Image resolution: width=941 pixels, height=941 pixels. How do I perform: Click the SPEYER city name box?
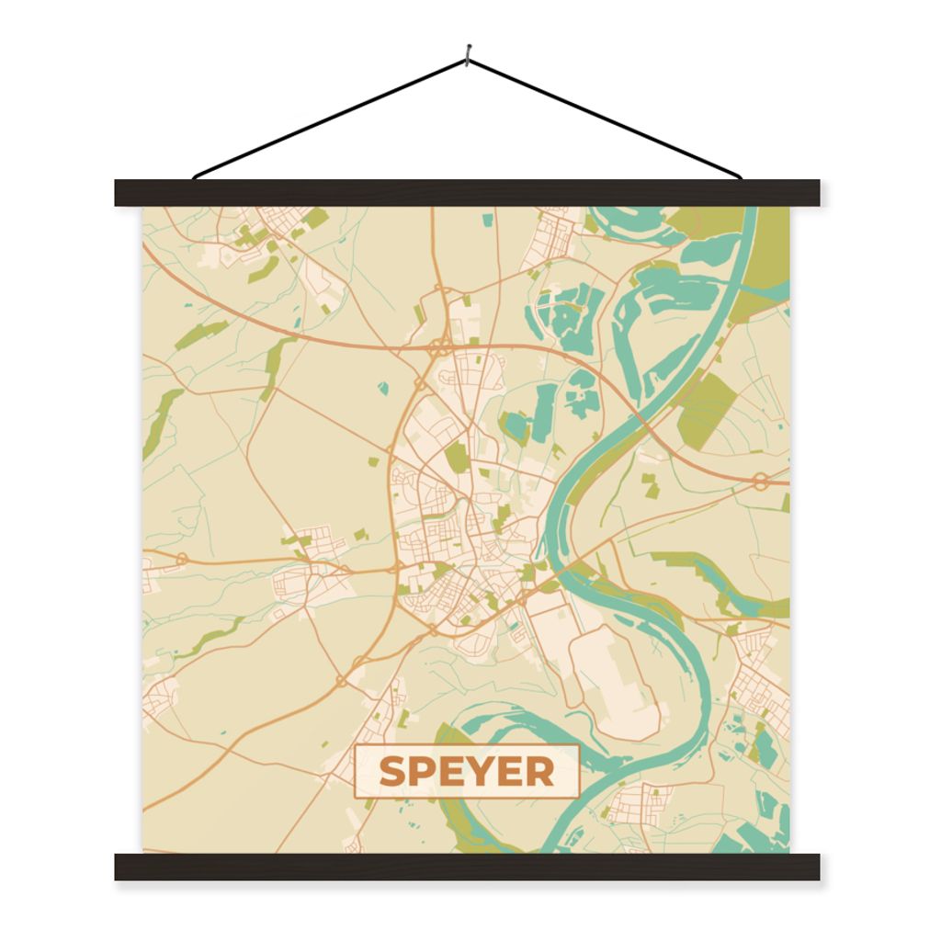tap(467, 771)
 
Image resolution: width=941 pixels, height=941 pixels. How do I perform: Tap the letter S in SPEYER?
tap(392, 772)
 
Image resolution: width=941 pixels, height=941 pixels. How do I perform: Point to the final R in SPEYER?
tap(540, 772)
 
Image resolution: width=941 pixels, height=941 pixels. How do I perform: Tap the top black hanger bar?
tap(467, 192)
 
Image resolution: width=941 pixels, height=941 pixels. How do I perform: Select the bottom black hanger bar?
tap(467, 867)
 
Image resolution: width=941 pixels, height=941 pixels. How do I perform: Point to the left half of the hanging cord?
tap(331, 119)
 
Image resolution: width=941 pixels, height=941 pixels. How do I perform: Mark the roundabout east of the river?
tap(761, 480)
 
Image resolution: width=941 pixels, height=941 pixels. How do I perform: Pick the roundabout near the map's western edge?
tap(181, 558)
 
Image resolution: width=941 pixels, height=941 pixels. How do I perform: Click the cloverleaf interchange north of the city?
tap(441, 348)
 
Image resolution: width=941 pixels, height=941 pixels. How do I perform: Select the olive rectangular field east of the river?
tap(708, 410)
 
